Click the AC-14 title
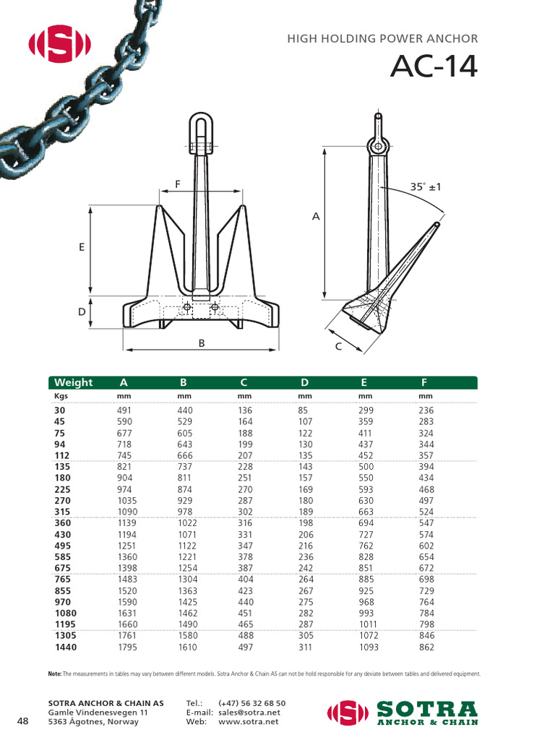tap(434, 67)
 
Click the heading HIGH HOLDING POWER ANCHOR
tap(382, 39)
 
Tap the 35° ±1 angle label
tap(426, 186)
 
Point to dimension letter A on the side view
tap(315, 215)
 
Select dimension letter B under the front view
tap(203, 343)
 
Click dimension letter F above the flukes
tap(177, 184)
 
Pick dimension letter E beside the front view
tap(82, 247)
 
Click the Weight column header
tap(74, 382)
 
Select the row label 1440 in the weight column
tap(66, 647)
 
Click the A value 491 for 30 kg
tap(125, 410)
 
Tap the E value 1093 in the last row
tap(369, 647)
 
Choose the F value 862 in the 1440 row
tap(427, 647)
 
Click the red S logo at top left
tap(59, 46)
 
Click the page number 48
tap(22, 721)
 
